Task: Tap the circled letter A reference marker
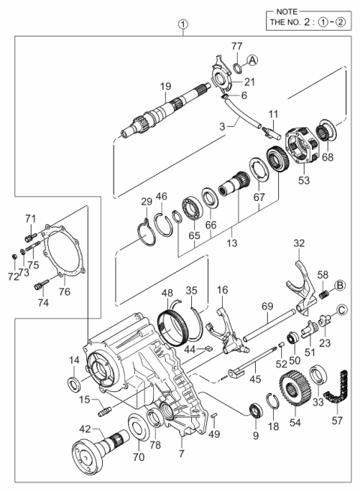[x=253, y=59]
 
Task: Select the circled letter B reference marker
[x=339, y=284]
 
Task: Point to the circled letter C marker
[x=340, y=308]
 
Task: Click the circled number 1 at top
[x=181, y=25]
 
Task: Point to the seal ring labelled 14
[x=74, y=385]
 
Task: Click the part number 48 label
[x=166, y=293]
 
